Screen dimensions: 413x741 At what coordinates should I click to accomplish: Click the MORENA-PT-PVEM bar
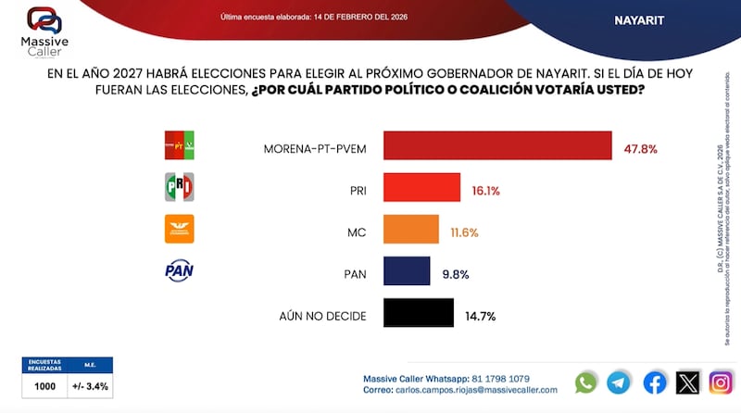497,146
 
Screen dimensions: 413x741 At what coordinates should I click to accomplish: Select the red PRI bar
421,188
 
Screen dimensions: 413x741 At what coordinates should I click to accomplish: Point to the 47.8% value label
639,148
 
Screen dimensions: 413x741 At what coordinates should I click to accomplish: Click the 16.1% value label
485,190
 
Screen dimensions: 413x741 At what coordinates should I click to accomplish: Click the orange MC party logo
179,229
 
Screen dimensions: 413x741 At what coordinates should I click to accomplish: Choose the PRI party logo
179,187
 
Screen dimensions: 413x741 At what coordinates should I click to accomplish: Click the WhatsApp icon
586,382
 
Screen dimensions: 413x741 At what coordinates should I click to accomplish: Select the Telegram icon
619,382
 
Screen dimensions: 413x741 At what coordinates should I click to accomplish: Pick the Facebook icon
654,382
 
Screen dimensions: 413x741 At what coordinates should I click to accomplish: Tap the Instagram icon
721,382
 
